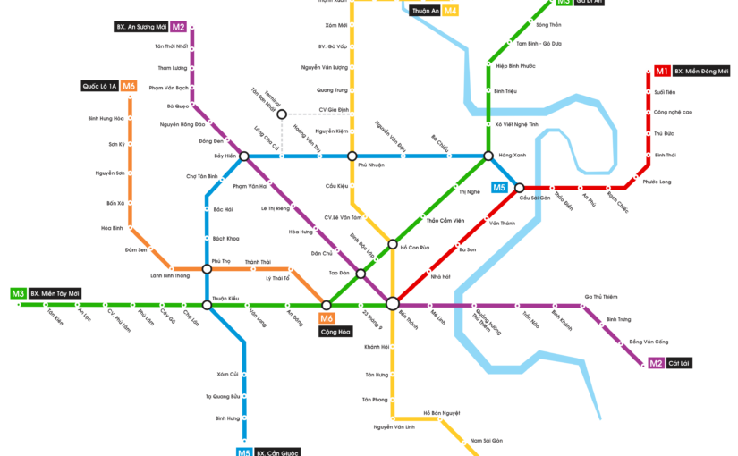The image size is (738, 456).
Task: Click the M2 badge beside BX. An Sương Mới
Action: [178, 27]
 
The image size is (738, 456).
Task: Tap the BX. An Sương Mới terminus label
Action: [141, 27]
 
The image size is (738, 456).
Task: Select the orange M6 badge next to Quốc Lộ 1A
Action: [130, 86]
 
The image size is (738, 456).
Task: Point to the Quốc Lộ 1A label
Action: [99, 86]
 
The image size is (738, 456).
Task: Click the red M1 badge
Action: [662, 71]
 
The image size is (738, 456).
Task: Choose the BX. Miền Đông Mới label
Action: [701, 71]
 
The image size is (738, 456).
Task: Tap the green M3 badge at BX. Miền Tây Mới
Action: [18, 293]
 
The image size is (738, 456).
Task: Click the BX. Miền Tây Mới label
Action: [55, 293]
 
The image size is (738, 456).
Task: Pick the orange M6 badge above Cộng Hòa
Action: [327, 318]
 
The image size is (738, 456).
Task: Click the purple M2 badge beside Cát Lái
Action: [656, 363]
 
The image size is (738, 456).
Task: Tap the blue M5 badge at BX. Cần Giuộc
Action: [244, 452]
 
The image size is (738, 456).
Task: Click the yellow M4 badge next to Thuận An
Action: [451, 11]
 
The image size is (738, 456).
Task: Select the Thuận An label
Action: [425, 11]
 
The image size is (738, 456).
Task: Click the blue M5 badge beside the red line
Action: [499, 188]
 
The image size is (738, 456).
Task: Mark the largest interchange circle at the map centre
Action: [392, 305]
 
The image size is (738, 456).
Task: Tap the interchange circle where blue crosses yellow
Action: [352, 156]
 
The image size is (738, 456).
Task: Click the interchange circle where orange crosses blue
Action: [207, 268]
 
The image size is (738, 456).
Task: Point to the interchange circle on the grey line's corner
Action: [281, 114]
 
